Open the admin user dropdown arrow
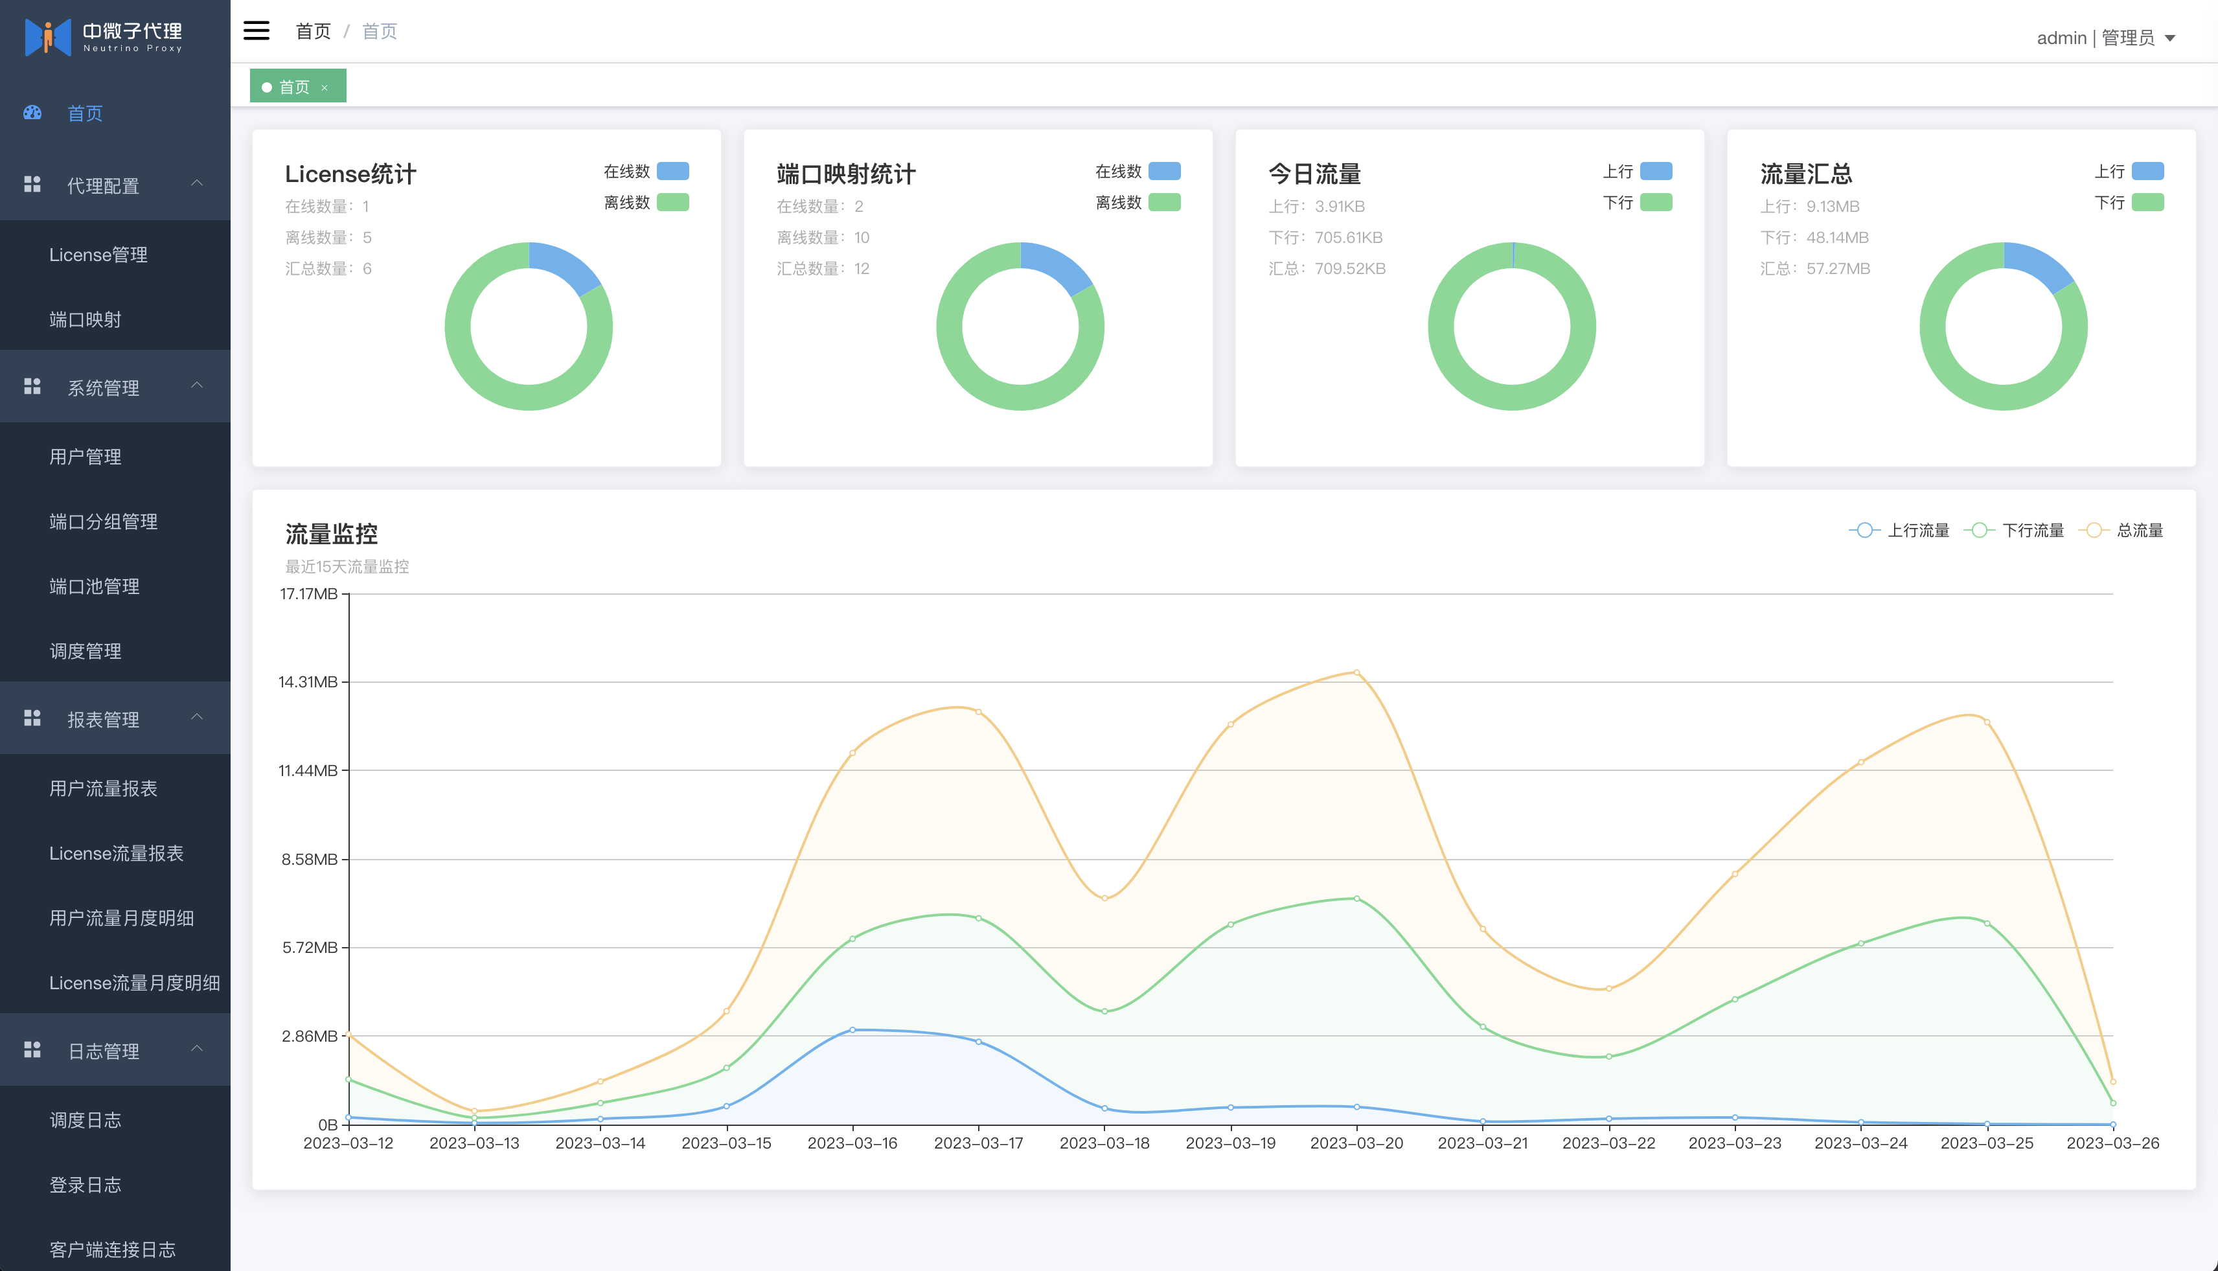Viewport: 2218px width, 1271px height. coord(2170,38)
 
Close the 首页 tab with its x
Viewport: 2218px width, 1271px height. coord(325,87)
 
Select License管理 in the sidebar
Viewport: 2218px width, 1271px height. coord(98,255)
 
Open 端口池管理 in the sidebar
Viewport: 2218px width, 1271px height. coord(95,587)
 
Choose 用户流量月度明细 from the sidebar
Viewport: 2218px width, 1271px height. coord(121,917)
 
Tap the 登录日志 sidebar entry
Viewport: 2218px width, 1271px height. coord(85,1185)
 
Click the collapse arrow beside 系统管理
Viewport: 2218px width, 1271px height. coord(198,385)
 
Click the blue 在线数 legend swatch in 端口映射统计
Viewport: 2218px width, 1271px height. coord(1165,171)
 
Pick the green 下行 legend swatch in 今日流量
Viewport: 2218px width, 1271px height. coord(1656,203)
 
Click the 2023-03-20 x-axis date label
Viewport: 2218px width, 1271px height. coord(1356,1143)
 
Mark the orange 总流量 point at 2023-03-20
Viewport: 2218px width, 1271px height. coord(1356,672)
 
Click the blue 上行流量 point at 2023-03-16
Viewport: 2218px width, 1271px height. coord(853,1030)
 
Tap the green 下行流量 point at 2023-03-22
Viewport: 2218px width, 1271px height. coord(1608,1057)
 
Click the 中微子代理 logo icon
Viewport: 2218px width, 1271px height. coord(47,37)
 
